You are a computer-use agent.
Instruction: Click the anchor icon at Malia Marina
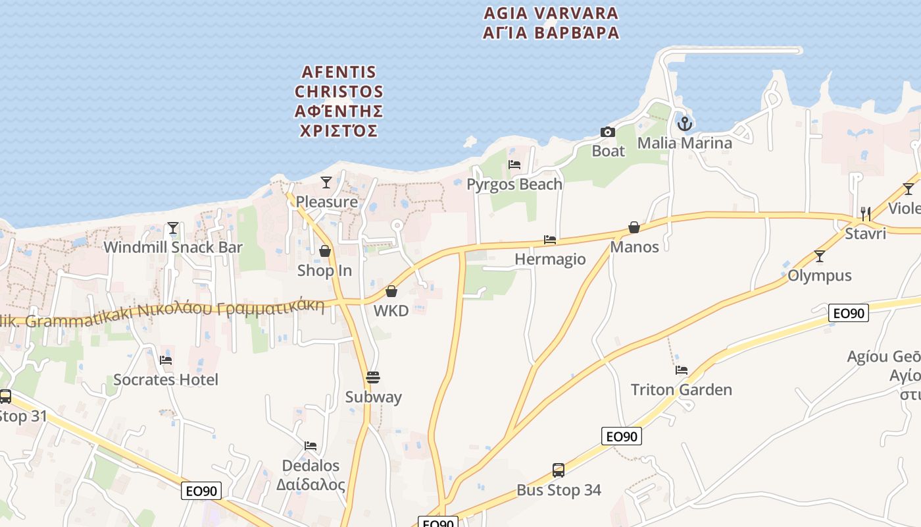click(685, 123)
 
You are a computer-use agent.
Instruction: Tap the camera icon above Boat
click(608, 132)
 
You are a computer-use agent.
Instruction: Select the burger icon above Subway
click(373, 377)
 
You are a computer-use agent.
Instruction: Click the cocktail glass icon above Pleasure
click(326, 182)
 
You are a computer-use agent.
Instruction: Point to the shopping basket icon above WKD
click(391, 291)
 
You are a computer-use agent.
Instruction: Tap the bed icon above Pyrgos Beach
click(514, 165)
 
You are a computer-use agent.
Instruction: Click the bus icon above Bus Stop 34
click(559, 470)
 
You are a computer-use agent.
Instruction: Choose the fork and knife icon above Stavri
click(866, 213)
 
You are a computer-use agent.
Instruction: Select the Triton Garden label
click(681, 389)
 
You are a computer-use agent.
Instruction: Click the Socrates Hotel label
click(166, 379)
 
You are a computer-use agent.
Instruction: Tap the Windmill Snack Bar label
click(173, 248)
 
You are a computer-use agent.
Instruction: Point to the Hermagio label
click(550, 259)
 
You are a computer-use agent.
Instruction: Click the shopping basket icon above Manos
click(634, 227)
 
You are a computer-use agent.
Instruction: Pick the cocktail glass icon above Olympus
click(820, 256)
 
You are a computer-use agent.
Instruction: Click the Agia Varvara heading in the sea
click(551, 23)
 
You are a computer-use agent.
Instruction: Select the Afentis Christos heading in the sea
click(339, 101)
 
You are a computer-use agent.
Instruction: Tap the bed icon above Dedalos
click(311, 446)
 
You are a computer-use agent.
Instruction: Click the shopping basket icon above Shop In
click(324, 251)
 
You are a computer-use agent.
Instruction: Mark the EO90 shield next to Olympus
click(848, 313)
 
